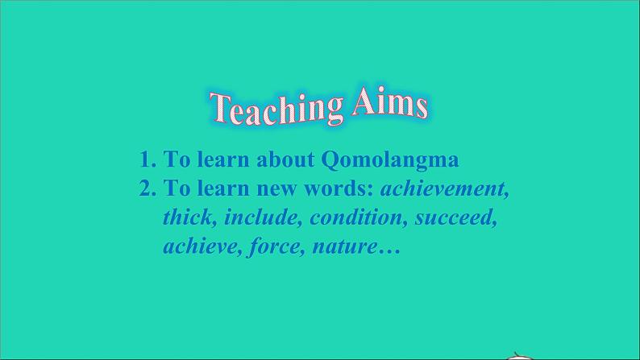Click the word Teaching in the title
276,109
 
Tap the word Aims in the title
390,103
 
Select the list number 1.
148,159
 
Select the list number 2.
148,188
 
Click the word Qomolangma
390,160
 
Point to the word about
285,159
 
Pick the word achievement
445,189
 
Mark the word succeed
456,217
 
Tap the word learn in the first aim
223,159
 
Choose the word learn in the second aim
223,188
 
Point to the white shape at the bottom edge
517,356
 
